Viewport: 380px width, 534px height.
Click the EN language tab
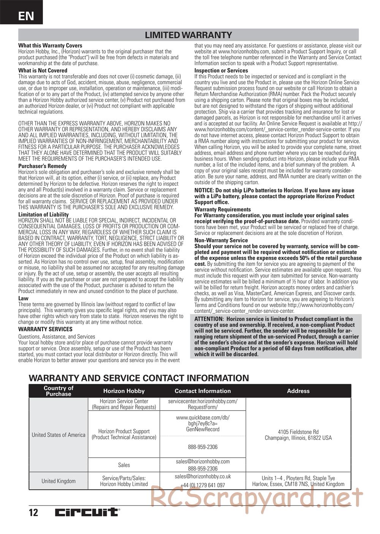click(25, 16)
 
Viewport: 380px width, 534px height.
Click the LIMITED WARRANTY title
click(188, 35)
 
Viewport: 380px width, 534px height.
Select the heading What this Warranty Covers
click(50, 46)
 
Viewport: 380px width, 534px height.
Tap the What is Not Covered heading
click(43, 71)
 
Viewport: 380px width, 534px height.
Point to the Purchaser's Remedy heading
click(42, 166)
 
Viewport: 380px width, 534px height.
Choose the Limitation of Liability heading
click(43, 215)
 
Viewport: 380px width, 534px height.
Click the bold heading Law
click(23, 298)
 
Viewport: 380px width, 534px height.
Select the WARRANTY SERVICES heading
click(45, 329)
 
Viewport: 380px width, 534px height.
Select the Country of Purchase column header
click(59, 391)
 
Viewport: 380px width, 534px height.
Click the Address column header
click(298, 391)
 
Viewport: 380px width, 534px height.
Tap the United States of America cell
click(59, 434)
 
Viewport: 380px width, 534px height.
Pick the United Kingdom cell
click(59, 481)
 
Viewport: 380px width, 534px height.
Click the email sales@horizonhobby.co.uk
click(203, 476)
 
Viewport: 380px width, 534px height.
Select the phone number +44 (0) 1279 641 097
click(203, 485)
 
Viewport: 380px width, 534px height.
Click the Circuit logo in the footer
click(87, 512)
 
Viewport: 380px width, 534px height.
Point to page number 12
click(33, 512)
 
